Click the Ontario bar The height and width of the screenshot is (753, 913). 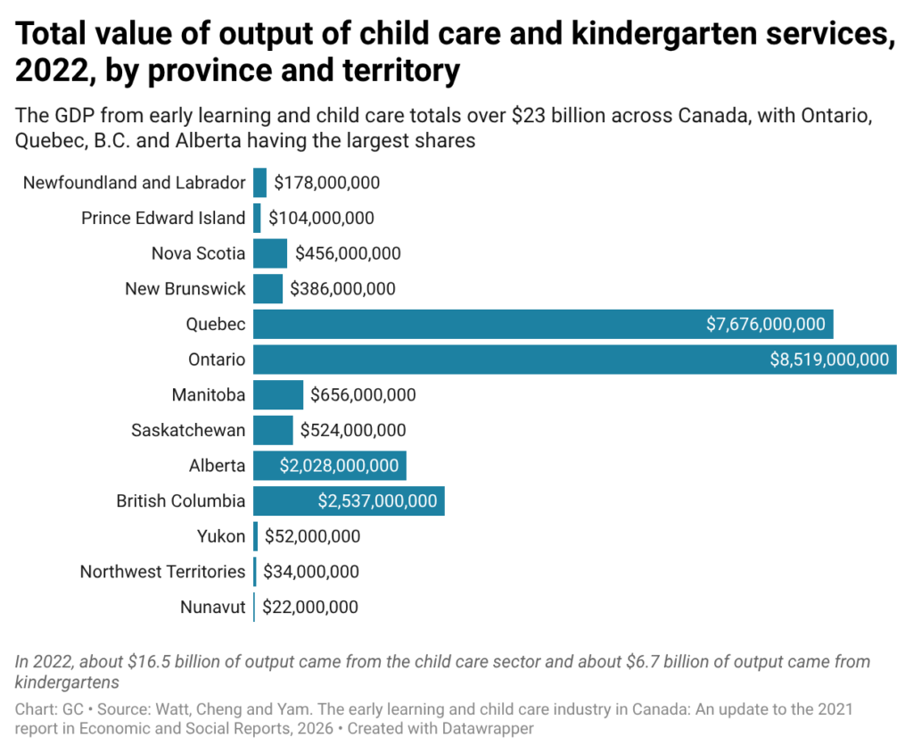[x=575, y=359]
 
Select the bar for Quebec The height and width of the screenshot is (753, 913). [x=543, y=324]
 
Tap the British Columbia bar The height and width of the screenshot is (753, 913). [x=349, y=501]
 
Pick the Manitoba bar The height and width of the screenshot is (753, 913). [x=278, y=395]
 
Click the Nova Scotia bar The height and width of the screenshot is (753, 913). [x=270, y=253]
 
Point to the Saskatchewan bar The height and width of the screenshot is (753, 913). [x=273, y=430]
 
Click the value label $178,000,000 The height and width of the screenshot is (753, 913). [x=327, y=183]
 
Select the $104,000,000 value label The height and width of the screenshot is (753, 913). [x=321, y=218]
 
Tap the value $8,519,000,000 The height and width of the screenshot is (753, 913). [x=830, y=359]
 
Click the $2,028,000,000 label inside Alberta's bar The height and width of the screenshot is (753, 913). [x=339, y=466]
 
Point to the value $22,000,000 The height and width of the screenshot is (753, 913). [x=310, y=608]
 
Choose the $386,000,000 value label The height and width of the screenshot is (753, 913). [x=343, y=289]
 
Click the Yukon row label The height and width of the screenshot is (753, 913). [x=221, y=536]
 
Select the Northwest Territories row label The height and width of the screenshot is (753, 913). [x=162, y=572]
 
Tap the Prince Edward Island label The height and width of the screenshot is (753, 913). [x=163, y=218]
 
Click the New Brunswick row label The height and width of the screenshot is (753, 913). [x=185, y=289]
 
